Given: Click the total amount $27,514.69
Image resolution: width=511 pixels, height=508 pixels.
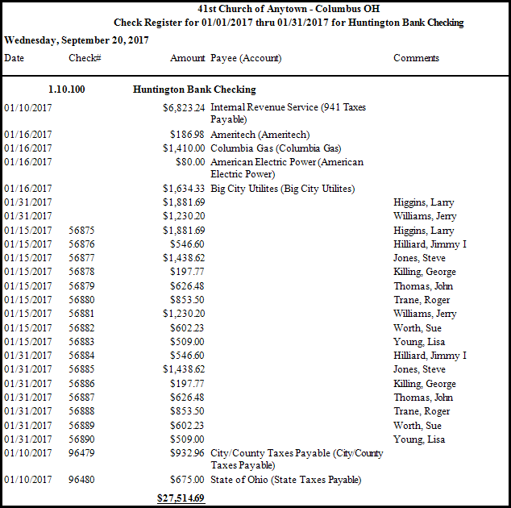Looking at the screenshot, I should [181, 498].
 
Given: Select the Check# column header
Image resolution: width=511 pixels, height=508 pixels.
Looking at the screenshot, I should [84, 58].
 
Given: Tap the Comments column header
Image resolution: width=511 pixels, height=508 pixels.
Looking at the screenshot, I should [416, 58].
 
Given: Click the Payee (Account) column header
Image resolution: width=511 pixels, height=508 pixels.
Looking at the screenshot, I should [246, 58].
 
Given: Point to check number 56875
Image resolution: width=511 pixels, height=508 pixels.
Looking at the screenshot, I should [81, 230].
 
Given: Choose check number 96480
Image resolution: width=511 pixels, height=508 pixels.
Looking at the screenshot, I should [81, 480].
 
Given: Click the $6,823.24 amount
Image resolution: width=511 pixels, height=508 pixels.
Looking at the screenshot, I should [183, 106].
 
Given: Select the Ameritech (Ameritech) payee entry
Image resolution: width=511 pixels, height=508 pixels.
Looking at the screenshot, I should [260, 134].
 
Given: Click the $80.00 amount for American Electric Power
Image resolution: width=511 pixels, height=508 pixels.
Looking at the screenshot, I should [190, 161].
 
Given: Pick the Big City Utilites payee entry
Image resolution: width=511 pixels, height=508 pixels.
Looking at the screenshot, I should [282, 189].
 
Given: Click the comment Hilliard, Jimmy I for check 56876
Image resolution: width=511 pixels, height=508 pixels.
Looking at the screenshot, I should [430, 244].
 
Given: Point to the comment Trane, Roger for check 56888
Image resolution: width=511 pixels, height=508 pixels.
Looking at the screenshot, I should [422, 410].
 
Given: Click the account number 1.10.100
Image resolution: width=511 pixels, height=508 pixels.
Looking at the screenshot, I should [66, 90].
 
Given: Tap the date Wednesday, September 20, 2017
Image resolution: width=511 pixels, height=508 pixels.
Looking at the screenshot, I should [76, 40].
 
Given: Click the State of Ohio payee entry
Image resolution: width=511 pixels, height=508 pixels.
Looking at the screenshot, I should [285, 480].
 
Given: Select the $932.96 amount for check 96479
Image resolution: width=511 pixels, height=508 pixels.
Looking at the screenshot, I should [187, 453].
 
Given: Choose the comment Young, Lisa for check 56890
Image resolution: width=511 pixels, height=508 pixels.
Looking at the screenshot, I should [419, 439].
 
